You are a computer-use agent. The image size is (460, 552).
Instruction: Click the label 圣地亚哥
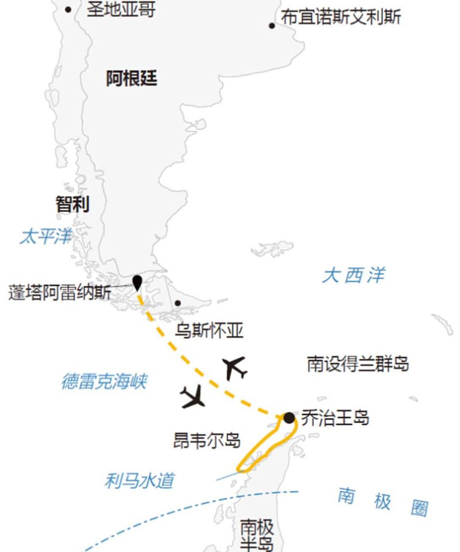(x=121, y=9)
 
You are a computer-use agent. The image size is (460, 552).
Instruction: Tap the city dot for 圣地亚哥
(x=68, y=9)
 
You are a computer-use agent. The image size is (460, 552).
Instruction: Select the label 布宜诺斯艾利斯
(x=341, y=17)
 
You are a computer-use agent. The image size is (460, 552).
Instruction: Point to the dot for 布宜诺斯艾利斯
(x=272, y=25)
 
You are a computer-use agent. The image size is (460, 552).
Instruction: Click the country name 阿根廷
(x=132, y=78)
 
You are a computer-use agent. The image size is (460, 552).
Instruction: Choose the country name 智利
(x=72, y=204)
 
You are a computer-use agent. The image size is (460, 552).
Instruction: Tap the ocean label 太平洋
(x=45, y=236)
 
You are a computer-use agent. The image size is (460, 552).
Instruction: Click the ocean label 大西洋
(x=353, y=275)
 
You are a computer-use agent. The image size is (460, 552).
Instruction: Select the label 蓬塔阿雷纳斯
(x=60, y=292)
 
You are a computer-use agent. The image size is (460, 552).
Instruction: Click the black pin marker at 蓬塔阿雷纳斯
(x=137, y=282)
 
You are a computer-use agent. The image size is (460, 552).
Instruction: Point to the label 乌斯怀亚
(x=209, y=331)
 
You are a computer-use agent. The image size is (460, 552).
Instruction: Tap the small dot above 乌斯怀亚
(x=178, y=303)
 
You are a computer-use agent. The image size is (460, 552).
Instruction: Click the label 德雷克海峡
(x=104, y=381)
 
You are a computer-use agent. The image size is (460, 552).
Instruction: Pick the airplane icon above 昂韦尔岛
(x=193, y=397)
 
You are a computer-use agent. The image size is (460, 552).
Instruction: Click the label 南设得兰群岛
(x=357, y=364)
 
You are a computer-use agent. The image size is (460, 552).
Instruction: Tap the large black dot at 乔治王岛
(x=289, y=417)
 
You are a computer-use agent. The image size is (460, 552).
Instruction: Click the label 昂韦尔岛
(x=206, y=440)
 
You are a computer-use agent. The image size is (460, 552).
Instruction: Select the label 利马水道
(x=139, y=481)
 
